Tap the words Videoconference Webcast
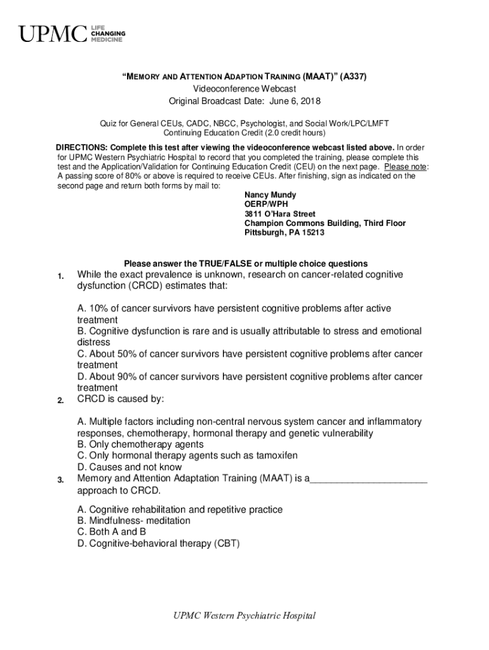245,89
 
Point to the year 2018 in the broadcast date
310,101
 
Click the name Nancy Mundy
270,195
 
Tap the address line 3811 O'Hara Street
279,214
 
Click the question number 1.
59,276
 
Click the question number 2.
59,401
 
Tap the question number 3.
59,480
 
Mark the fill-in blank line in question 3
368,479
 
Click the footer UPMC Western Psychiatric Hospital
245,616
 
